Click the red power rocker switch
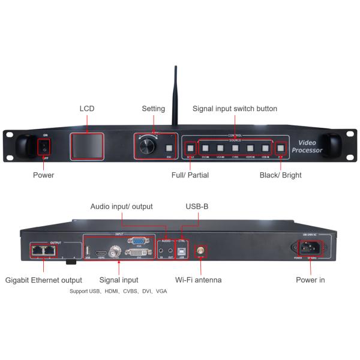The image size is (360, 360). pyautogui.click(x=43, y=146)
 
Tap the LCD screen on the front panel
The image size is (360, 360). pyautogui.click(x=88, y=146)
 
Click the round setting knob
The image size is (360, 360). pyautogui.click(x=145, y=146)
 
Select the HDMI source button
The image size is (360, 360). pyautogui.click(x=250, y=148)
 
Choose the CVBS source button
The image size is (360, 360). pyautogui.click(x=235, y=148)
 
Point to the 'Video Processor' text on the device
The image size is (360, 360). pyautogui.click(x=307, y=146)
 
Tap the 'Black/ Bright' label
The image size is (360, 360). pyautogui.click(x=280, y=175)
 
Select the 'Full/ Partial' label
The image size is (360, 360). pyautogui.click(x=190, y=175)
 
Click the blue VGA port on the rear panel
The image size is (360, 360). pyautogui.click(x=139, y=241)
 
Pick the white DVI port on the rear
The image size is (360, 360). pyautogui.click(x=138, y=253)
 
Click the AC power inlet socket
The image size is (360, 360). pyautogui.click(x=307, y=248)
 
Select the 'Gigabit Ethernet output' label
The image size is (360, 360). pyautogui.click(x=43, y=280)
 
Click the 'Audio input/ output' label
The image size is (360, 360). pyautogui.click(x=121, y=206)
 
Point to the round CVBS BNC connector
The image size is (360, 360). pyautogui.click(x=112, y=253)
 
